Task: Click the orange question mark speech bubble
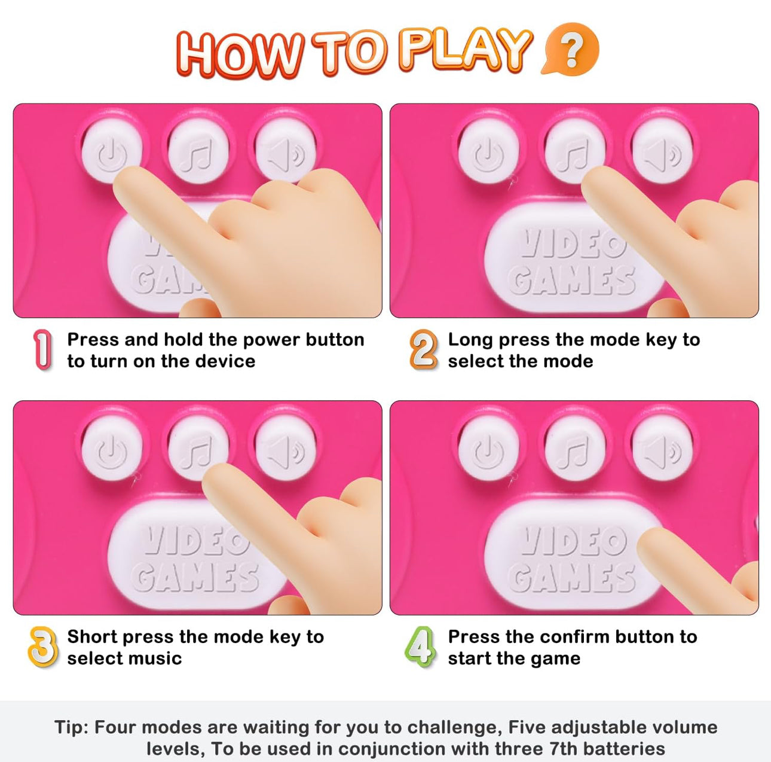(571, 49)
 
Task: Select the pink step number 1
(43, 349)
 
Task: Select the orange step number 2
(423, 349)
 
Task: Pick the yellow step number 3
(42, 647)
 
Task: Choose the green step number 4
(420, 647)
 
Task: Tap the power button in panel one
(112, 152)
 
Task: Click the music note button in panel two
(574, 152)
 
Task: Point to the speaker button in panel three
(286, 449)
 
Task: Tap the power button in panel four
(488, 449)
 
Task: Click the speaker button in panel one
(286, 152)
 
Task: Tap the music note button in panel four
(574, 449)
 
